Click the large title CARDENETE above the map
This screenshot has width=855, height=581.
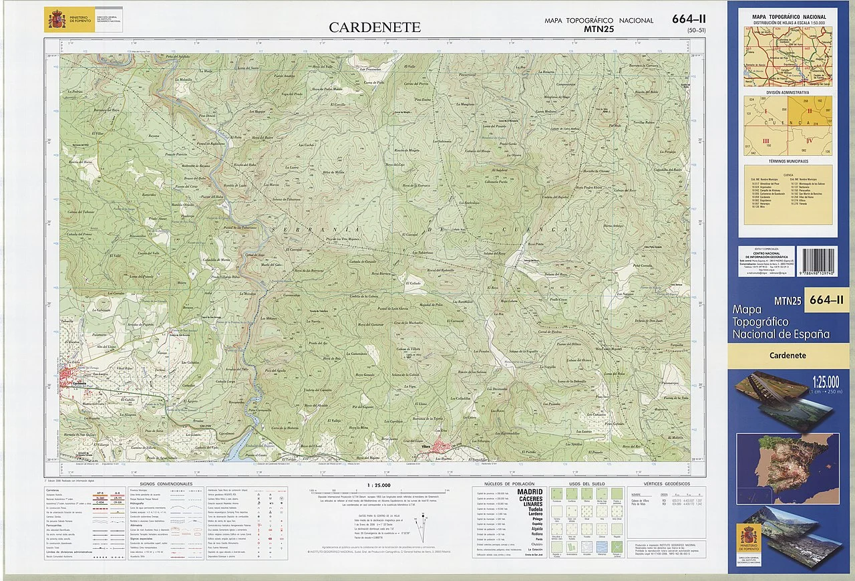click(374, 27)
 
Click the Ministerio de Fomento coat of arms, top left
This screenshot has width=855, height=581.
click(53, 19)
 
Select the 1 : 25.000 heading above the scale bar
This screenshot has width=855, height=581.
click(379, 485)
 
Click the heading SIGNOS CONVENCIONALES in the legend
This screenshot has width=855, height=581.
click(166, 483)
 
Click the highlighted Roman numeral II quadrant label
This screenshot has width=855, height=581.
click(809, 111)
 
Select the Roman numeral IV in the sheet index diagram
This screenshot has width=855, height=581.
click(809, 141)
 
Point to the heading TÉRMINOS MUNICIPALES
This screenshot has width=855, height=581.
click(788, 161)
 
